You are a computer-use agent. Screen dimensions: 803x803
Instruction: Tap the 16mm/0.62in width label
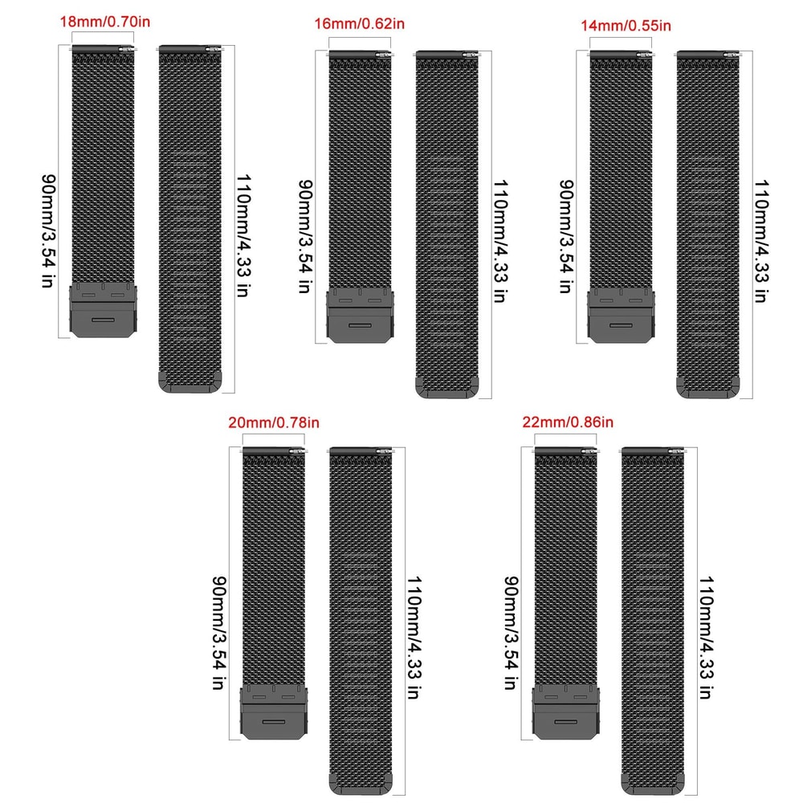point(361,26)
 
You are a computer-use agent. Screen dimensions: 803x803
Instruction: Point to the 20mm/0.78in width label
point(275,422)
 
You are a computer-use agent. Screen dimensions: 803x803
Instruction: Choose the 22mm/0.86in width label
point(568,422)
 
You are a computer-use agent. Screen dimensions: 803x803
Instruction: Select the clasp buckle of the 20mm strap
point(275,712)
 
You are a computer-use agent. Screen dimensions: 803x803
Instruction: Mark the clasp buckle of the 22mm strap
point(566,712)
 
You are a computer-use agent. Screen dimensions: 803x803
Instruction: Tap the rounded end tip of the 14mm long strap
point(707,389)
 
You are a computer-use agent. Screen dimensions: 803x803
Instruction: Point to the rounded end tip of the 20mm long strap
point(361,784)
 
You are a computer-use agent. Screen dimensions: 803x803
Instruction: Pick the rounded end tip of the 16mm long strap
point(446,389)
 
